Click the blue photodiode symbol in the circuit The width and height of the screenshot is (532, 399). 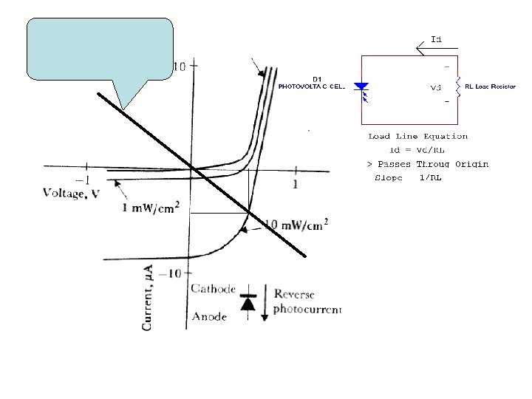(x=361, y=87)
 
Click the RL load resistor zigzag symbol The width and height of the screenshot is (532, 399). (x=457, y=86)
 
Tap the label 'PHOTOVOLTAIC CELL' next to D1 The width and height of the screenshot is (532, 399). (x=311, y=87)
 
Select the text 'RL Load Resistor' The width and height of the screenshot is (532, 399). (x=490, y=87)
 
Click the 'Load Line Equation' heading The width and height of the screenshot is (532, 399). (x=417, y=136)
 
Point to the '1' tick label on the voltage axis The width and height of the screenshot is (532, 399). (x=296, y=183)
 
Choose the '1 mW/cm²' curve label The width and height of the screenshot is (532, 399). (x=151, y=208)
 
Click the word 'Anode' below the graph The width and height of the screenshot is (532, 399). (x=209, y=316)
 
